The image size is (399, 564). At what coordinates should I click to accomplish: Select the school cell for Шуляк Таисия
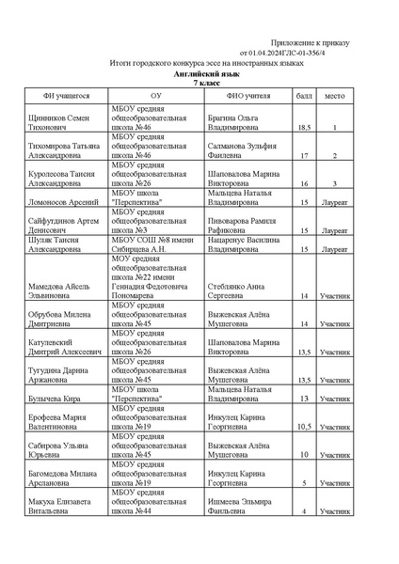pyautogui.click(x=155, y=245)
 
